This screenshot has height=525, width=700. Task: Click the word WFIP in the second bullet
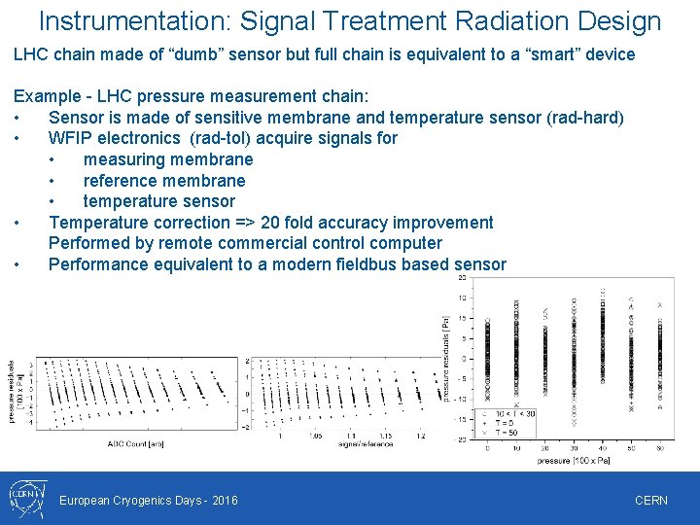pos(71,138)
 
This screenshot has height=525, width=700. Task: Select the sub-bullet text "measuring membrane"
pos(168,159)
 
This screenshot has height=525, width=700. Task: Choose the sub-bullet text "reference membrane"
pos(164,181)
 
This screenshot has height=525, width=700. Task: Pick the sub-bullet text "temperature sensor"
pos(159,201)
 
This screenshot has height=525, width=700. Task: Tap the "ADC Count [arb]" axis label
pos(135,444)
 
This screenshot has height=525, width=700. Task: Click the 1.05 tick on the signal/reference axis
pos(316,436)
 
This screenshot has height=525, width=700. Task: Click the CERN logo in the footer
pos(26,499)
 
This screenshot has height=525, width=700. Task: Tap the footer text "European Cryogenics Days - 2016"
pos(149,500)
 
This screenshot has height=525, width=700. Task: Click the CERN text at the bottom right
pos(650,500)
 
